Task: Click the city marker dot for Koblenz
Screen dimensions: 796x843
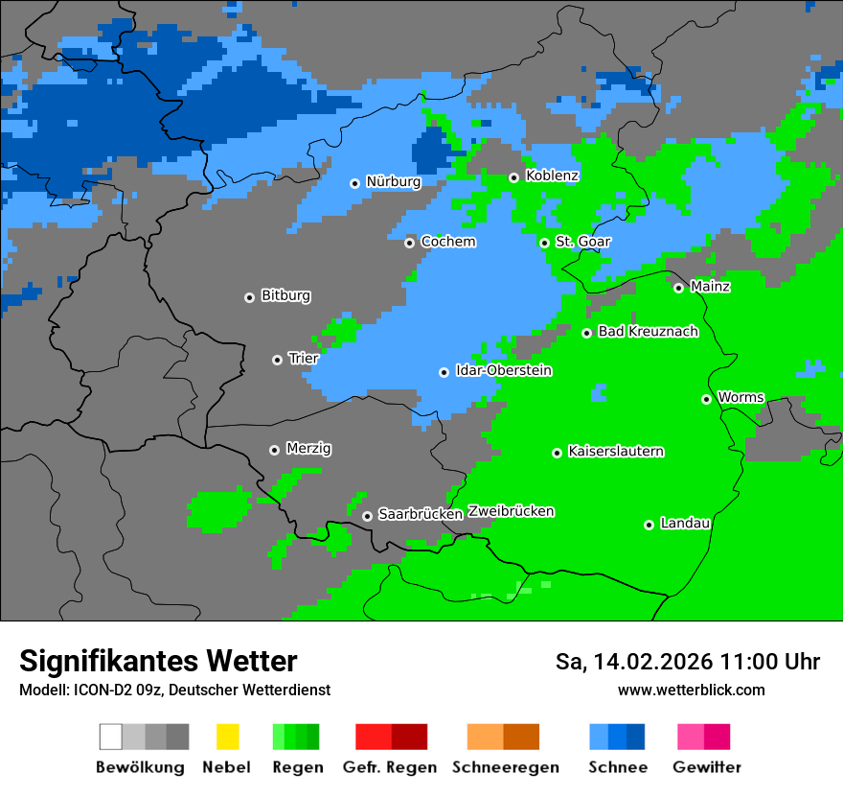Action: tap(514, 177)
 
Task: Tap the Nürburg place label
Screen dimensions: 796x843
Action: tap(393, 181)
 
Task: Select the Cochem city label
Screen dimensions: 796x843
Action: tap(447, 242)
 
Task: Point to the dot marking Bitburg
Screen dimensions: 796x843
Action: tap(249, 297)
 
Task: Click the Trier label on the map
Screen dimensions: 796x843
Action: tap(303, 359)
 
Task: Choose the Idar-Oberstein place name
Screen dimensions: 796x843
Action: tap(503, 370)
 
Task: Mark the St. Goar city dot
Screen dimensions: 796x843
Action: tap(544, 243)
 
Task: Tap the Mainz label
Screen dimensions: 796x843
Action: tap(710, 286)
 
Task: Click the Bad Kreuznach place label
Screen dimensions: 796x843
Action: tap(648, 332)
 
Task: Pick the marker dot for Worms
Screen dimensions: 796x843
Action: tap(706, 399)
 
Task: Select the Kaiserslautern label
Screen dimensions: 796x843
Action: tap(615, 451)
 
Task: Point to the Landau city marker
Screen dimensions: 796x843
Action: tap(649, 525)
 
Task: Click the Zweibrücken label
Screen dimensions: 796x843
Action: tap(511, 511)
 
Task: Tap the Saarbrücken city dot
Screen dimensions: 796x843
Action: tap(367, 516)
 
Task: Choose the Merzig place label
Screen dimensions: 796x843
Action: tap(308, 448)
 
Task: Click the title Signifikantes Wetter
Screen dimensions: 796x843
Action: tap(158, 661)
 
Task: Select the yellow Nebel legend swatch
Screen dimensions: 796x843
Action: tap(227, 737)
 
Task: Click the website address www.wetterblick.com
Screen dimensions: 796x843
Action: tap(691, 690)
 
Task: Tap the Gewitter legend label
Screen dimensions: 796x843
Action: tap(706, 767)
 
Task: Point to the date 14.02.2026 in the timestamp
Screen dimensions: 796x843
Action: tap(653, 662)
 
